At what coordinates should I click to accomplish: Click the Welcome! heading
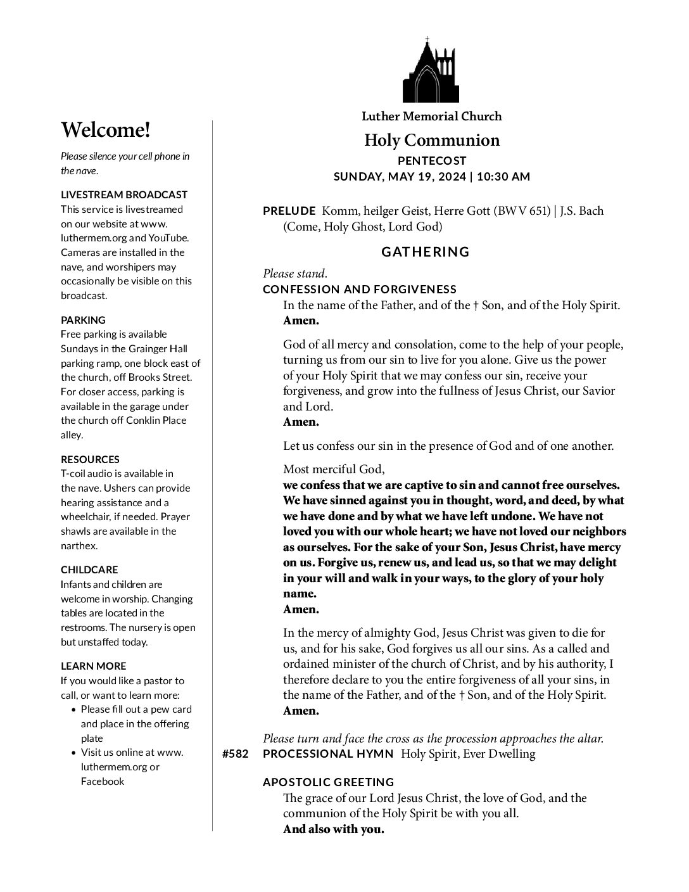tap(106, 131)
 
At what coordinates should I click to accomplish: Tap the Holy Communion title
tap(431, 140)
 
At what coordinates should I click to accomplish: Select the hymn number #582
tap(236, 754)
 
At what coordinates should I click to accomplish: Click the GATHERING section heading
tap(426, 252)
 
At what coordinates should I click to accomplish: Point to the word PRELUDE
tap(289, 211)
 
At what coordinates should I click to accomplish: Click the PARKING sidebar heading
tap(83, 320)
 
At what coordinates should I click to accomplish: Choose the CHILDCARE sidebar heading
tap(89, 570)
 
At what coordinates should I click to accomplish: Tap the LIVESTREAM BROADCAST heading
tap(124, 194)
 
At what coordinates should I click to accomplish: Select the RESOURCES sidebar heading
tap(90, 459)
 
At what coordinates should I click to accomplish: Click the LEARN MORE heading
tap(93, 666)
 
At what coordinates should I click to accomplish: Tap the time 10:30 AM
tap(503, 177)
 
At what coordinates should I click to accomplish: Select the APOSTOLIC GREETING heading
tap(328, 782)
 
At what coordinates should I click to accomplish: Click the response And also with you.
tap(333, 829)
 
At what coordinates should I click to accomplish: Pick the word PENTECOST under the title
tap(432, 161)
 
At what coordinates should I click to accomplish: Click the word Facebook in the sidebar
tap(103, 781)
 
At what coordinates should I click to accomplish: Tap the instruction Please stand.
tap(295, 274)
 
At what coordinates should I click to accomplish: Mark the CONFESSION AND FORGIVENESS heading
tap(359, 290)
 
